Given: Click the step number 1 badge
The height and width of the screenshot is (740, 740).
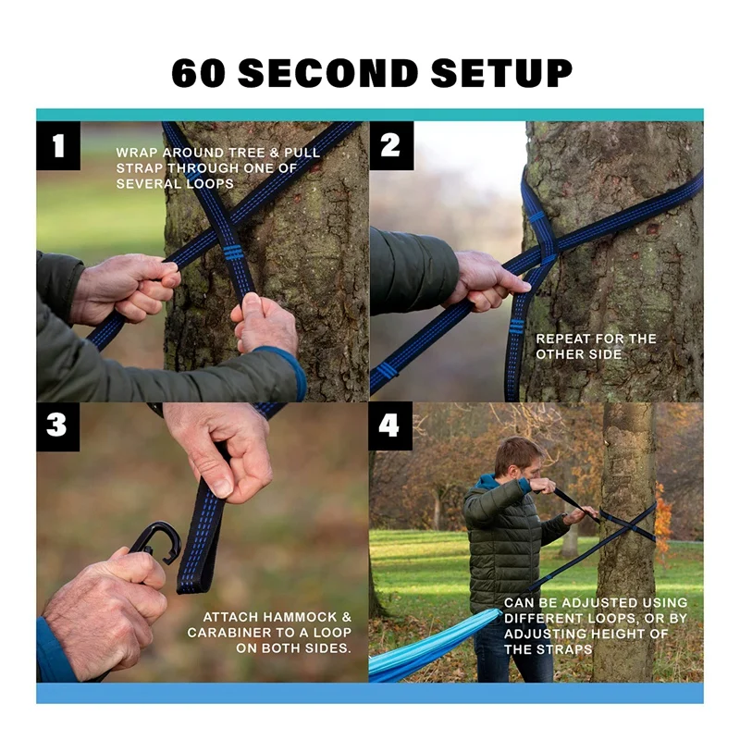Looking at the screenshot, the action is pos(58,146).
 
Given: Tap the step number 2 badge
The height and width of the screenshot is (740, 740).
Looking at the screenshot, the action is pos(391,146).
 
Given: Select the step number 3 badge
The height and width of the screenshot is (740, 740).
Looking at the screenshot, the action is pos(57,426).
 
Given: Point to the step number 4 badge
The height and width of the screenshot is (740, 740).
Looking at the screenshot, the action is pos(389,426).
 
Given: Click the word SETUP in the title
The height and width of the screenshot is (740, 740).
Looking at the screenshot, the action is pos(501,73).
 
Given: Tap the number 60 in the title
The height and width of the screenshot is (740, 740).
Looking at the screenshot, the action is pos(198,73).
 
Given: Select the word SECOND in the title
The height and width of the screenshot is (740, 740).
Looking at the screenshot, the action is pos(328,73).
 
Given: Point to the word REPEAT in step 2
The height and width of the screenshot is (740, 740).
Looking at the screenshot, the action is pos(561,339).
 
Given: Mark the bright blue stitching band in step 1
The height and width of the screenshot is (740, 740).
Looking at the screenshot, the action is pos(233,253).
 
